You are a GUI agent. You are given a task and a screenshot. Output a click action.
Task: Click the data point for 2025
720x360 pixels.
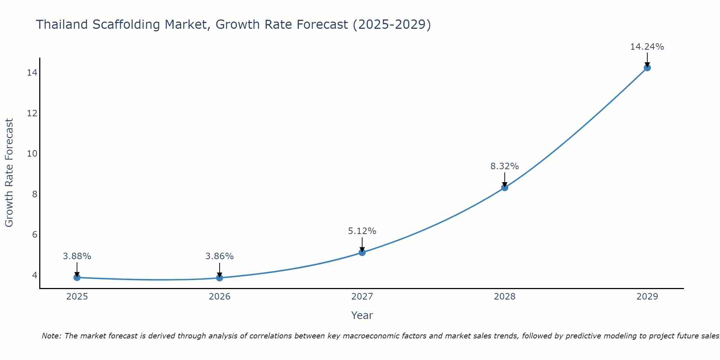pos(77,277)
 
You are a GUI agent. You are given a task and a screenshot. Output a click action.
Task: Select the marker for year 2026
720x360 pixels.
pos(220,278)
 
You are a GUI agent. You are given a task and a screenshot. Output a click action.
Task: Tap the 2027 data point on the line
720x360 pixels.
pos(362,252)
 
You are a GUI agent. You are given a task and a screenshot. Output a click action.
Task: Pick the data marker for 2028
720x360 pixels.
pos(505,188)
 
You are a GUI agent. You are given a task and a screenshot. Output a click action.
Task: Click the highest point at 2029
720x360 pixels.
pos(647,68)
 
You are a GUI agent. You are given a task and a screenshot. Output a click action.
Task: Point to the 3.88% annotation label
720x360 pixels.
pos(77,256)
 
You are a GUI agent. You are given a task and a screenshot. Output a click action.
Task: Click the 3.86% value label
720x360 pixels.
pos(220,256)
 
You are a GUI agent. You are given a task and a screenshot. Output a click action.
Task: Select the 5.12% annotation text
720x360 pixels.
pos(362,231)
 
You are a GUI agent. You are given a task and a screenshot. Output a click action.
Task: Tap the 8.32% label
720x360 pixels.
pos(505,166)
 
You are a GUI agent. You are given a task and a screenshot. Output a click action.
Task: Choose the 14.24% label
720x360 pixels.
pos(647,47)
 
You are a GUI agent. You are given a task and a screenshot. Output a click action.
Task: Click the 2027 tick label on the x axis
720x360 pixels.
pos(362,297)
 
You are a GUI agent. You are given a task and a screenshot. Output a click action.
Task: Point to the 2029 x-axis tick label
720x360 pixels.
pos(647,297)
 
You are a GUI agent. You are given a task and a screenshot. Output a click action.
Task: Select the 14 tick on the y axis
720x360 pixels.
pos(32,73)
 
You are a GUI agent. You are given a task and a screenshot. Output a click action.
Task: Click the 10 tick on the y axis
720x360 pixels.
pos(32,154)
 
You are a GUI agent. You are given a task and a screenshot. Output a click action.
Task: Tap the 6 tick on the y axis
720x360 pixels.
pos(35,235)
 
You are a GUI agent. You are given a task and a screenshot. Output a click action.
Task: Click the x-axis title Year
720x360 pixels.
pos(362,315)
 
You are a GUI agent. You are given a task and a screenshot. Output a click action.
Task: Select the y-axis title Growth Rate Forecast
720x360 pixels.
pos(9,173)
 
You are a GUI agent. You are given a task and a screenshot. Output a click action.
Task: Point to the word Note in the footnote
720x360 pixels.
pos(51,336)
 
